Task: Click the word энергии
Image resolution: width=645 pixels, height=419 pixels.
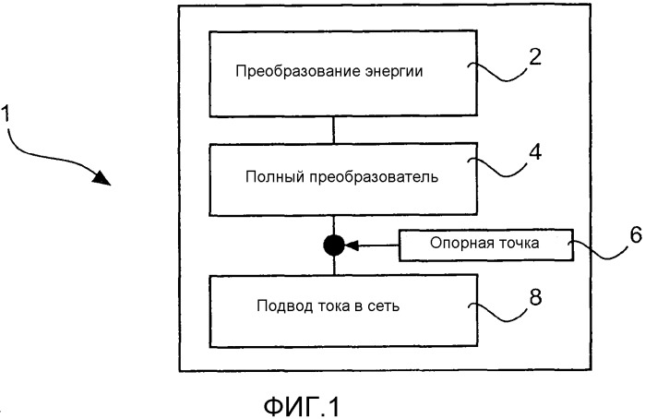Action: [394, 72]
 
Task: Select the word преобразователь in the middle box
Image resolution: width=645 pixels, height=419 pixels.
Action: [373, 178]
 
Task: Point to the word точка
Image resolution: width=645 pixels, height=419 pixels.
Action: [519, 244]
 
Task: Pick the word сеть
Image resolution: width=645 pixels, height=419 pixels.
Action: [383, 306]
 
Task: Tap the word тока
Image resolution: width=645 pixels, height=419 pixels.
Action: [334, 306]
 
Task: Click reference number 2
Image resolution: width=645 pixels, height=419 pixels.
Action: [535, 57]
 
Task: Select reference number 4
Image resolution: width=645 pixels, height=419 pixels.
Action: [535, 152]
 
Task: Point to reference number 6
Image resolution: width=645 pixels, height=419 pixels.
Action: [636, 235]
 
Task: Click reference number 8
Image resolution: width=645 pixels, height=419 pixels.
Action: [535, 297]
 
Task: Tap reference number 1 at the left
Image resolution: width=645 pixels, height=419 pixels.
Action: [5, 114]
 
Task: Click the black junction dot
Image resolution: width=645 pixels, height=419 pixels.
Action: [334, 245]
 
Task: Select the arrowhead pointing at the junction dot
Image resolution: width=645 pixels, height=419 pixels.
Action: [352, 245]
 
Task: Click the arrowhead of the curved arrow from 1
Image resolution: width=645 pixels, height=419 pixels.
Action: [102, 178]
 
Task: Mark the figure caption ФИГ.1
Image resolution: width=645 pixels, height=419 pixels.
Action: [302, 407]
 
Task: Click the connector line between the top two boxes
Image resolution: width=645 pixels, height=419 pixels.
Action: [334, 129]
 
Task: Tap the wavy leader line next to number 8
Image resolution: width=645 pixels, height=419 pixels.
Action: [498, 312]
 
